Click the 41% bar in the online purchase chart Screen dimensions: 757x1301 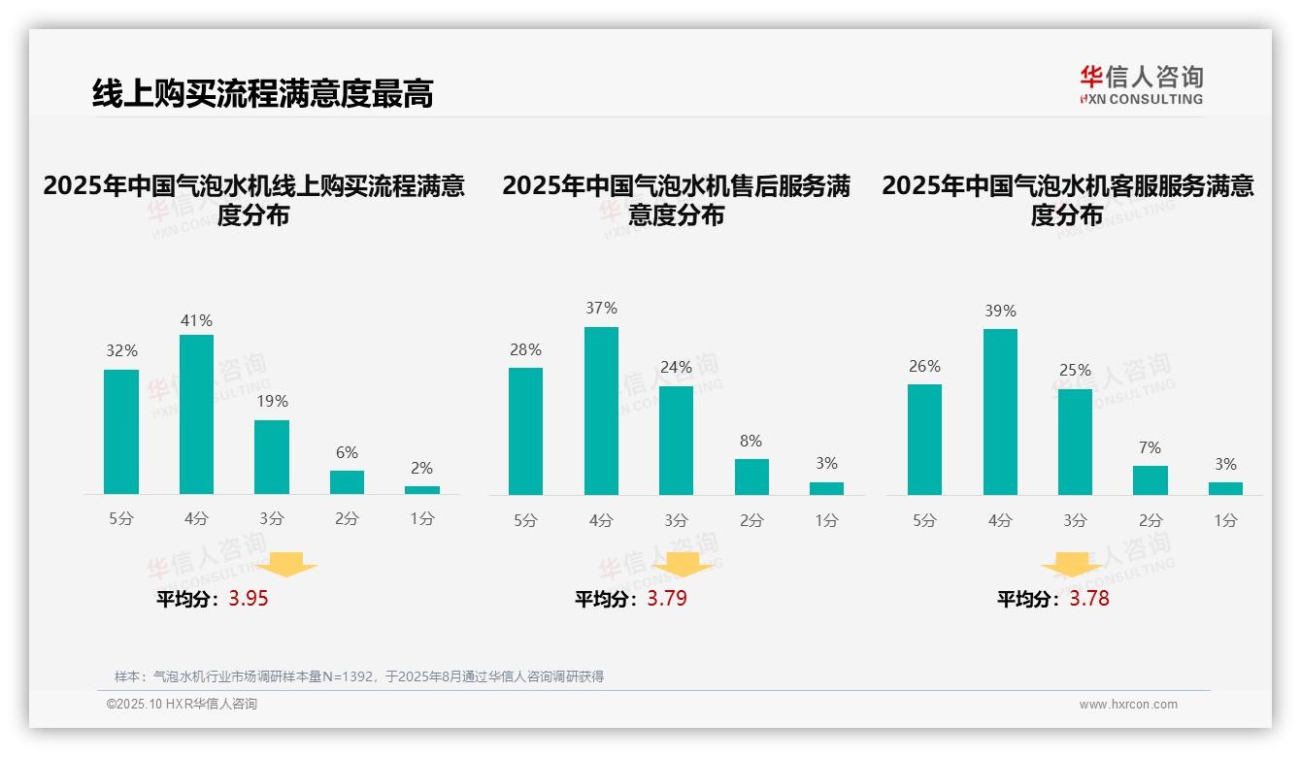pyautogui.click(x=197, y=414)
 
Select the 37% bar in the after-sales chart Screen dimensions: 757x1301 pyautogui.click(x=601, y=411)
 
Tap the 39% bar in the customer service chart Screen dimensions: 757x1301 pyautogui.click(x=1000, y=411)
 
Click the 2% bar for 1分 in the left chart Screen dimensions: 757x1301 pyautogui.click(x=422, y=489)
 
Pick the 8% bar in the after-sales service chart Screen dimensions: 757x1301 pyautogui.click(x=751, y=477)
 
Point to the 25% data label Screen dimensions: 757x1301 pyautogui.click(x=1075, y=371)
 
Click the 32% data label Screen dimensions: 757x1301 pyautogui.click(x=121, y=351)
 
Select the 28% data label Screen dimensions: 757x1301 pyautogui.click(x=525, y=349)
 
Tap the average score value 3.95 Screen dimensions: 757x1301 pyautogui.click(x=249, y=599)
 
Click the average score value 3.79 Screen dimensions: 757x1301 pyautogui.click(x=667, y=599)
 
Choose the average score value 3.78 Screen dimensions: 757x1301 pyautogui.click(x=1089, y=599)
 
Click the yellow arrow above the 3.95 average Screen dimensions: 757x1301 pyautogui.click(x=287, y=565)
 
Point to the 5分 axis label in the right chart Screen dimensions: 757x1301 pyautogui.click(x=924, y=520)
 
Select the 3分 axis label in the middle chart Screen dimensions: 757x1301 pyautogui.click(x=676, y=520)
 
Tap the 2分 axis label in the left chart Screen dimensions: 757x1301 pyautogui.click(x=347, y=519)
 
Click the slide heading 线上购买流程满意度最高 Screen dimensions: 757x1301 pyautogui.click(x=262, y=93)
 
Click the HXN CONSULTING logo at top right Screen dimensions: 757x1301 pyautogui.click(x=1141, y=84)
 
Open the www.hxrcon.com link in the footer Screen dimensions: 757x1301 pyautogui.click(x=1128, y=705)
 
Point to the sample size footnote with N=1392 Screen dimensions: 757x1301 pyautogui.click(x=359, y=676)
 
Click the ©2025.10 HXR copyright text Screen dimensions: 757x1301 pyautogui.click(x=182, y=705)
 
